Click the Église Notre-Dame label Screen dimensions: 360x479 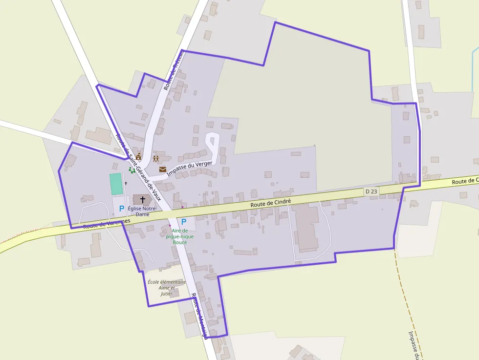coord(142,211)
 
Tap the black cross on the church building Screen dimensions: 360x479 coord(143,199)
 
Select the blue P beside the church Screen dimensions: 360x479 coord(122,209)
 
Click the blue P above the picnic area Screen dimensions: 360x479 coord(184,221)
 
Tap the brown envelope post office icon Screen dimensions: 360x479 coord(163,169)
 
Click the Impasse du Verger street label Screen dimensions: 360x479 coord(191,166)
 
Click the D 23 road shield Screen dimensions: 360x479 coord(371,191)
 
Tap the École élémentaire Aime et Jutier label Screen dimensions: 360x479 coord(167,288)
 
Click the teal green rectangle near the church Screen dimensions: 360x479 coord(116,184)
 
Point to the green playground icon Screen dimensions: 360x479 coord(131,169)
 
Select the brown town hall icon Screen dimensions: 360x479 coord(138,157)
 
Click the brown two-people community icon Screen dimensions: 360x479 coord(156,159)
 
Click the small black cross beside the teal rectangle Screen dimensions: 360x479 coord(126,183)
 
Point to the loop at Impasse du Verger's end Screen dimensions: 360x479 coord(212,142)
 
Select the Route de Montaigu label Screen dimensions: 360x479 coord(200,316)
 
